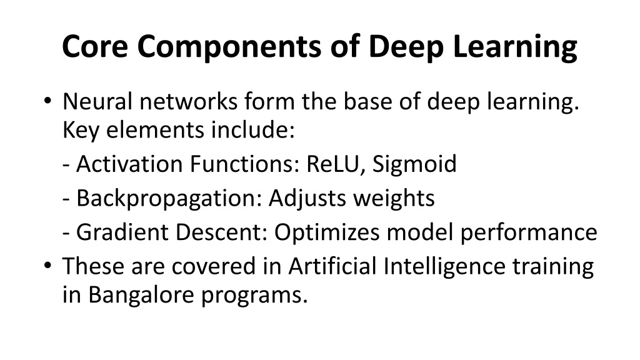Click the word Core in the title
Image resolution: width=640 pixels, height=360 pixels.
pyautogui.click(x=95, y=46)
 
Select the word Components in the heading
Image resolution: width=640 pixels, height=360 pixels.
pyautogui.click(x=229, y=47)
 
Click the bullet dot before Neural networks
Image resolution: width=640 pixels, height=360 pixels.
pyautogui.click(x=47, y=100)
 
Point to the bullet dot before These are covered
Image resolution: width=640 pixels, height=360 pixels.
pyautogui.click(x=47, y=265)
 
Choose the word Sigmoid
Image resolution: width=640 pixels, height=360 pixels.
pyautogui.click(x=414, y=165)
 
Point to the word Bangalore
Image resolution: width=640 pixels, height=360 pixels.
pyautogui.click(x=141, y=295)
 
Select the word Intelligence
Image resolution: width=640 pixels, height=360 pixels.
pyautogui.click(x=444, y=267)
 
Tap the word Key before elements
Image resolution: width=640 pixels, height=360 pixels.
pyautogui.click(x=81, y=131)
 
